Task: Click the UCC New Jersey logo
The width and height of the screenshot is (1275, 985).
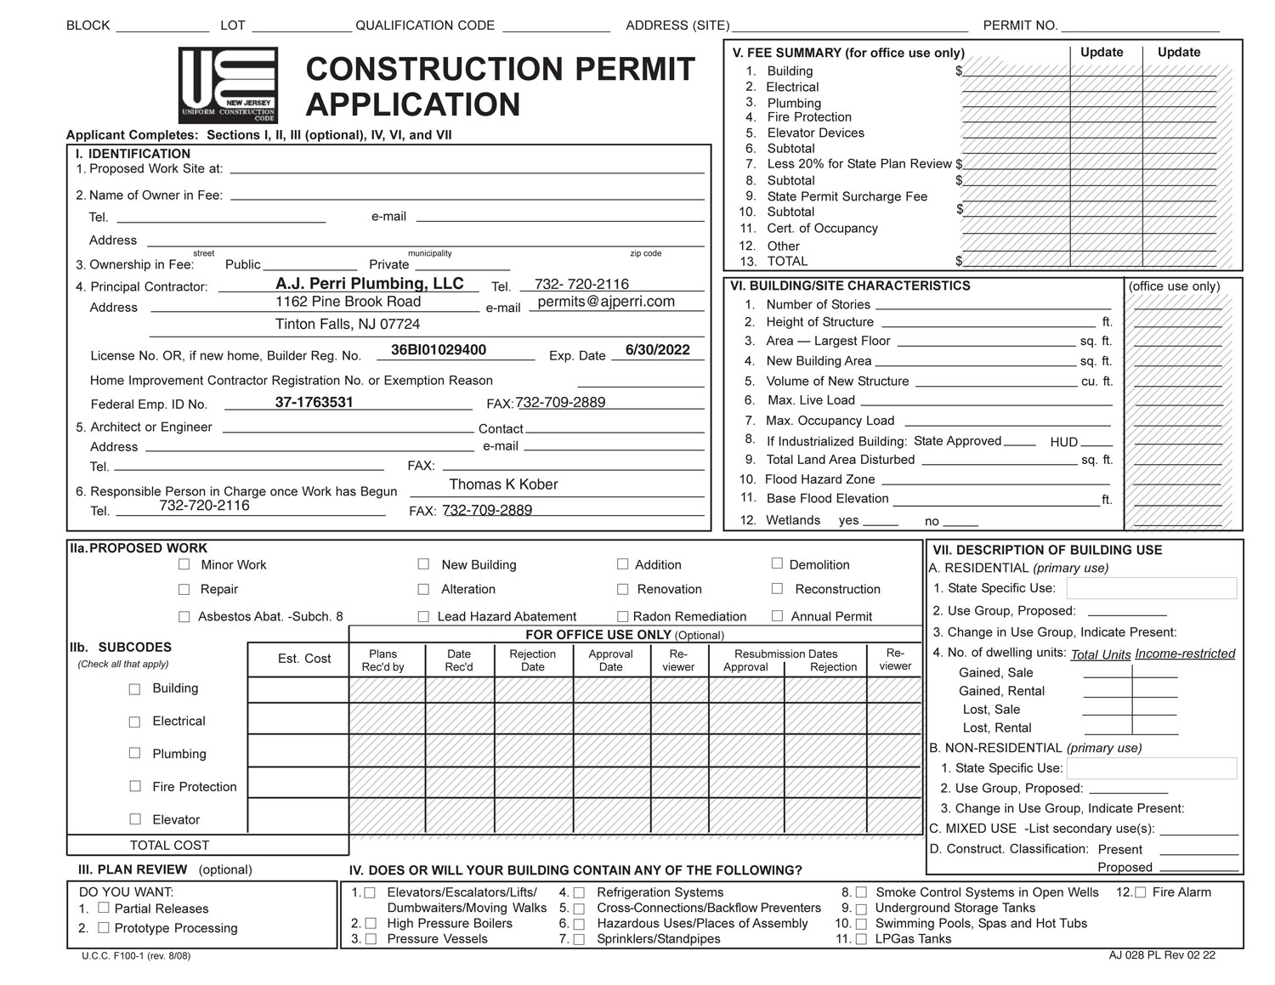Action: point(228,85)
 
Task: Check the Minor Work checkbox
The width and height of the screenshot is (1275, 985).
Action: point(184,564)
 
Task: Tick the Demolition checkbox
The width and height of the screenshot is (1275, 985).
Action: point(777,563)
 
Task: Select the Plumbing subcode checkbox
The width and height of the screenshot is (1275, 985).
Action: point(134,753)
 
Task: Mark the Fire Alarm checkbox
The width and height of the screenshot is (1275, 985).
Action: point(1141,892)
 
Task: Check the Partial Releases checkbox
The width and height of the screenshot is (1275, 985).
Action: point(104,908)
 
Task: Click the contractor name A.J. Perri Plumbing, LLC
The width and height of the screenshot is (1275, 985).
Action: point(370,284)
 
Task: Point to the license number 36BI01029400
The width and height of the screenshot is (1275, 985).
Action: point(439,350)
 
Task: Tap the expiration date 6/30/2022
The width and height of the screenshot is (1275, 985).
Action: point(657,350)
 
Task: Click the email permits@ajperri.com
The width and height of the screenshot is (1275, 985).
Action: point(606,302)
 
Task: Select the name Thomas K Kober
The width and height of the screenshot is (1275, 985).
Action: point(503,484)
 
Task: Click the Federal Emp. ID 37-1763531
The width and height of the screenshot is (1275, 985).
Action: point(314,403)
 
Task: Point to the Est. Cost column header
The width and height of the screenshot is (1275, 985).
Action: point(304,659)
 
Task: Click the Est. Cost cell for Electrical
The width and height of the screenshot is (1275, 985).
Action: point(298,719)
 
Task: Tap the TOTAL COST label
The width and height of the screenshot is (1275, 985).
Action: point(169,846)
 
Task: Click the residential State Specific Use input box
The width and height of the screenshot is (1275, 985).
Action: point(1151,588)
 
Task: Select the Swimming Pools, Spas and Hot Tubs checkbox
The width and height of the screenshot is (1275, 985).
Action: point(861,924)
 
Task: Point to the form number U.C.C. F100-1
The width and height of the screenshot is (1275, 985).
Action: point(136,956)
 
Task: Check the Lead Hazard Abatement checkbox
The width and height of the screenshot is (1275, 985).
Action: point(423,616)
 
